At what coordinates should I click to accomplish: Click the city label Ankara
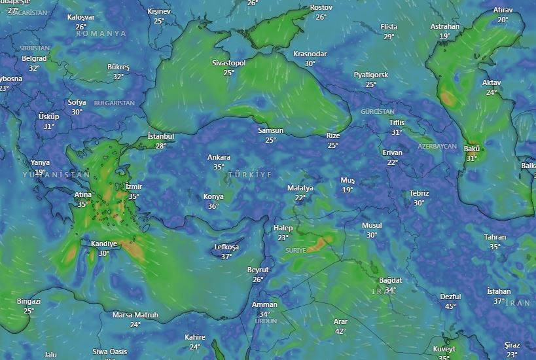click(x=219, y=157)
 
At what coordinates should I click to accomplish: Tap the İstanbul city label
click(x=161, y=136)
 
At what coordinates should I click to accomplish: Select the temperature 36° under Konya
click(x=213, y=206)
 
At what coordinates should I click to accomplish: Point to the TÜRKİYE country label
click(x=249, y=175)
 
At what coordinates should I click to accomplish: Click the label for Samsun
click(x=270, y=130)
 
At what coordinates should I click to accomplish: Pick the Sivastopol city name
click(x=228, y=63)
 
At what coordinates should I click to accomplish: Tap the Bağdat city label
click(x=390, y=280)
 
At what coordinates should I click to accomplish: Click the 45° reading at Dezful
click(x=450, y=306)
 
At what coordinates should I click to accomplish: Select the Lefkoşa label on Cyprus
click(x=226, y=247)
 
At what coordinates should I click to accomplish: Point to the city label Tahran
click(x=495, y=237)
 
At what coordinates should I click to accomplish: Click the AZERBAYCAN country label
click(x=437, y=146)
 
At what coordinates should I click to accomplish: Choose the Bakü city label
click(x=471, y=149)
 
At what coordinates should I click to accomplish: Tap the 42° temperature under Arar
click(x=340, y=331)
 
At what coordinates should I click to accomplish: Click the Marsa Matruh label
click(x=135, y=315)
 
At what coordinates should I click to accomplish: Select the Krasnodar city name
click(x=310, y=54)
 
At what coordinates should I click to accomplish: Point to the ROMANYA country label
click(x=101, y=33)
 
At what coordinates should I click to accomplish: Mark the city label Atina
click(x=83, y=194)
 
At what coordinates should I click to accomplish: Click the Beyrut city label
click(x=258, y=270)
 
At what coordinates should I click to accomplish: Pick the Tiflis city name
click(x=397, y=122)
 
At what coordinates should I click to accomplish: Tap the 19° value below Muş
click(x=347, y=190)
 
